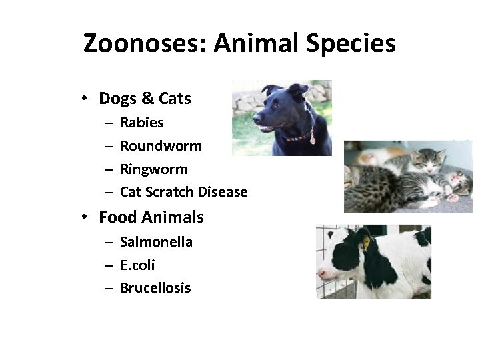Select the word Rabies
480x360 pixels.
pos(141,123)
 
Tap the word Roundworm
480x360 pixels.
pos(161,146)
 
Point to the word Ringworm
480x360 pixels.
pos(154,169)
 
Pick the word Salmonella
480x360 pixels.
pos(156,242)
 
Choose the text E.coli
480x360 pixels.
pos(137,265)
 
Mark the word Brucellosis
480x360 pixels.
pos(155,288)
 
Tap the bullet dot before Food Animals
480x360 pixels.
pos(85,217)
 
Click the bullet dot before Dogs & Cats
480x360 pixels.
pos(85,99)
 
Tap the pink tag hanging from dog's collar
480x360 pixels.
pos(312,140)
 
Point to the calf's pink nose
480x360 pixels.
pos(322,273)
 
